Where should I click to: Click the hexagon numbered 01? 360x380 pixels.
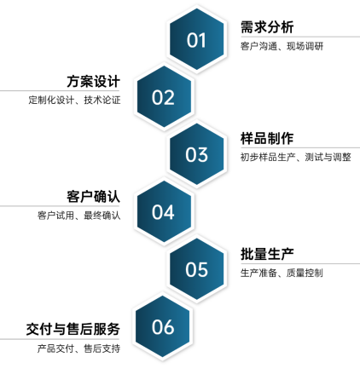[x=196, y=39]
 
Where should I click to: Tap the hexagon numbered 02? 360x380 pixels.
[x=164, y=96]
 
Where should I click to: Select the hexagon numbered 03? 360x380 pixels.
[x=196, y=154]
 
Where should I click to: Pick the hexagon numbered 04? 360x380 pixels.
[x=164, y=211]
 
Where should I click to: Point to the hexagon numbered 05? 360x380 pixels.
[x=196, y=269]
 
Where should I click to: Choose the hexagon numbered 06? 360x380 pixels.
[x=163, y=326]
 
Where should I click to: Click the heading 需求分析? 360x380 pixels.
[x=267, y=27]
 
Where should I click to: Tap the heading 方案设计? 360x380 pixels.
[x=93, y=82]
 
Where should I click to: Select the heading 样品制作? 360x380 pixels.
[x=267, y=139]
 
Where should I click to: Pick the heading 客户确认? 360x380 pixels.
[x=93, y=197]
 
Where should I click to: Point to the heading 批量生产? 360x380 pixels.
[x=267, y=254]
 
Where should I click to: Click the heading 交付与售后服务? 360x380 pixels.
[x=73, y=329]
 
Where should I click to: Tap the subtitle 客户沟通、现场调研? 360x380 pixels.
[x=282, y=46]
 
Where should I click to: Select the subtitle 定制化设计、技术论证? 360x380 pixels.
[x=74, y=100]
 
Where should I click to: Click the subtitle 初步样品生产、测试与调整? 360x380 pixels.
[x=296, y=157]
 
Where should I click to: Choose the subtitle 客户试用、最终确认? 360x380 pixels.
[x=79, y=216]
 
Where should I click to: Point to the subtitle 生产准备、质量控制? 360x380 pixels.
[x=282, y=273]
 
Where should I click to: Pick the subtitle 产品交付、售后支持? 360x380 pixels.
[x=78, y=348]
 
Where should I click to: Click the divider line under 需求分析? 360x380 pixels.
[x=300, y=37]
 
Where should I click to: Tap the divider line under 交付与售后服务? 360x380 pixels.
[x=60, y=339]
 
